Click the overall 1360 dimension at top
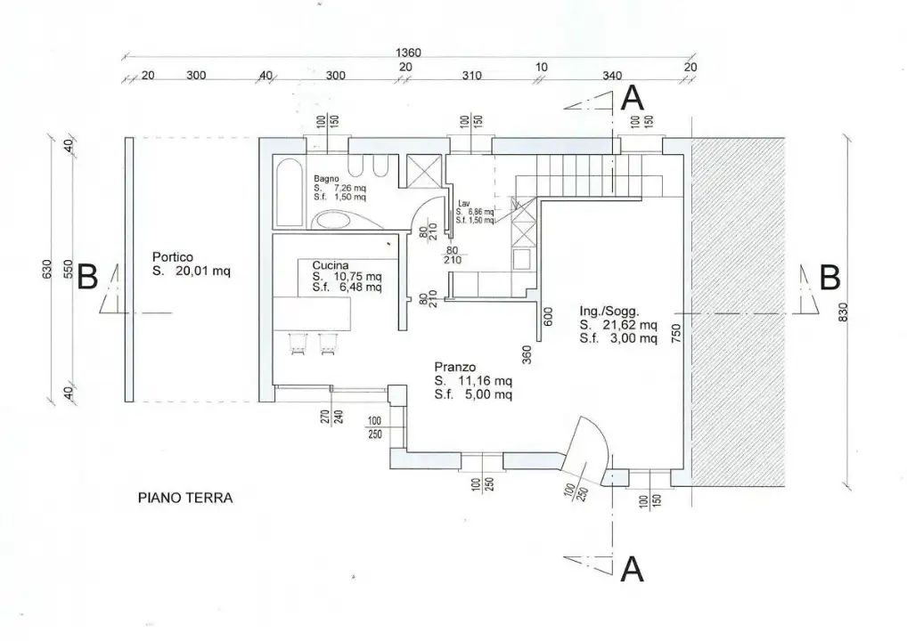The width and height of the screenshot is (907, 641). (x=408, y=53)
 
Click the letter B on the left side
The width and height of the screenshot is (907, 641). (x=87, y=278)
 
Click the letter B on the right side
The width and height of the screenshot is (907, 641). (x=829, y=278)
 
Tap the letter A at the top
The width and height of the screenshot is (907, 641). (x=632, y=98)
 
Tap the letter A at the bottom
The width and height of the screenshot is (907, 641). (x=632, y=568)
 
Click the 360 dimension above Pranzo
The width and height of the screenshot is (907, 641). (x=527, y=354)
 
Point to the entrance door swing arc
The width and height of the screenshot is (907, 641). (x=590, y=445)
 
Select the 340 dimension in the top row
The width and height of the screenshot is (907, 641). (x=612, y=76)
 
